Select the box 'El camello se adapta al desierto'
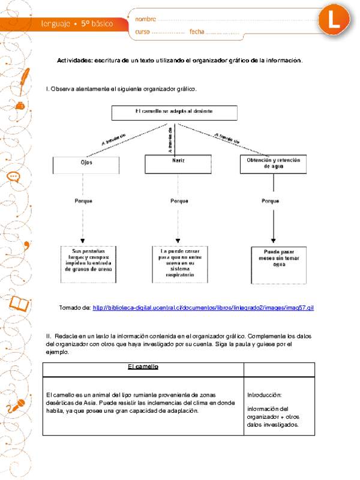[x=174, y=112]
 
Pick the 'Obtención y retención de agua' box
[x=274, y=164]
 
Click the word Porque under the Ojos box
[x=83, y=201]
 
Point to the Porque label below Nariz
[x=179, y=201]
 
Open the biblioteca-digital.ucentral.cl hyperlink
[x=204, y=308]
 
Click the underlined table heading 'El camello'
[x=143, y=367]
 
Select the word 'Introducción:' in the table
[x=264, y=395]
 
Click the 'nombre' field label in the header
[x=146, y=20]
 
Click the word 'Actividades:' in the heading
[x=74, y=61]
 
